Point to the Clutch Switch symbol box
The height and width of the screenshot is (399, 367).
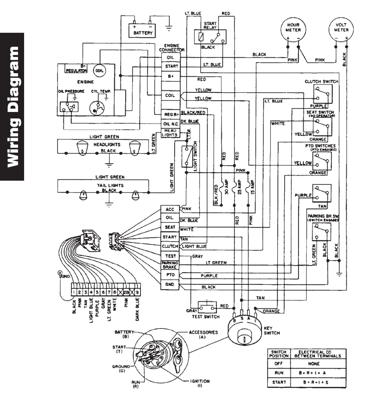(x=321, y=94)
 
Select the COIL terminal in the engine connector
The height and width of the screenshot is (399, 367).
(x=170, y=95)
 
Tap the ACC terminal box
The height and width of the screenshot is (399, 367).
(x=170, y=209)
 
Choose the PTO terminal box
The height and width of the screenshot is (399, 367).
(x=170, y=275)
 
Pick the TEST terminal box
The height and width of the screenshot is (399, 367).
(x=170, y=256)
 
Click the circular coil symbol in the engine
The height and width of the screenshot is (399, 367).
(x=99, y=71)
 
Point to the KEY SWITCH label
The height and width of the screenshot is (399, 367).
(x=271, y=331)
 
